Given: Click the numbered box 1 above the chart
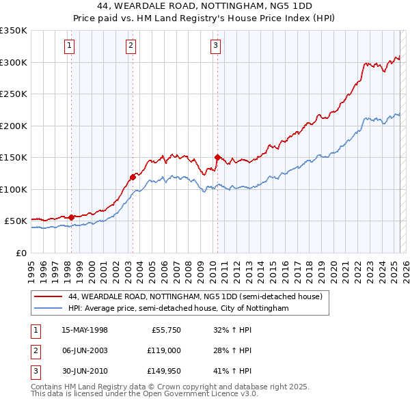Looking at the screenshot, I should click(70, 46).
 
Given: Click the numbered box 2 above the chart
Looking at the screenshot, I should click(131, 46).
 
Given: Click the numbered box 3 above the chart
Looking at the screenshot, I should click(215, 46).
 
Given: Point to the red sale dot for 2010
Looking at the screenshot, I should click(217, 157).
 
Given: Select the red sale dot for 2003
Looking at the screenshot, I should click(133, 177).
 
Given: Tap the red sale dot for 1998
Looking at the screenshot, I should click(71, 217).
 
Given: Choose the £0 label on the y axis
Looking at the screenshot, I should click(20, 253).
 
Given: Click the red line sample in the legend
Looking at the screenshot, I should click(47, 297).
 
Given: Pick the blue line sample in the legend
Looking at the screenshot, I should click(47, 309).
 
